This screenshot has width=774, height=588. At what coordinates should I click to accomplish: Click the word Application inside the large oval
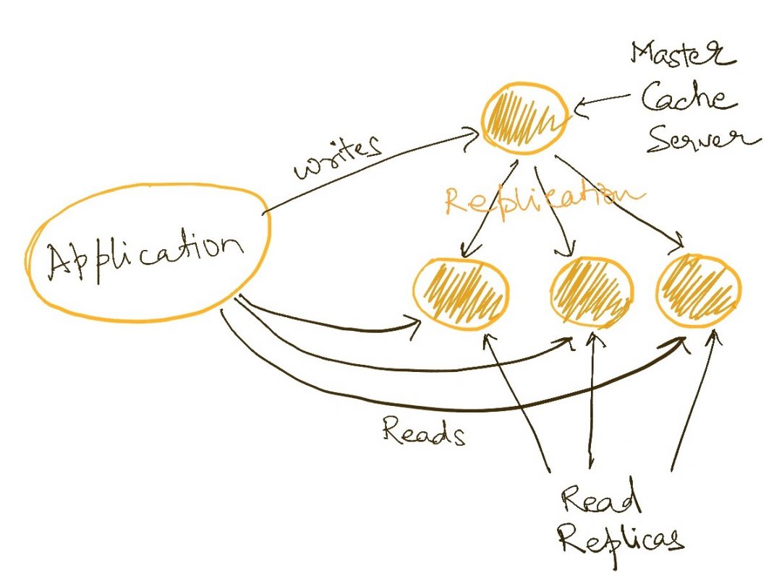pyautogui.click(x=145, y=256)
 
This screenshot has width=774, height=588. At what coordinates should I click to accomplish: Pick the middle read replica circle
pyautogui.click(x=592, y=292)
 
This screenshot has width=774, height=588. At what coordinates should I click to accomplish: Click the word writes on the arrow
pyautogui.click(x=336, y=157)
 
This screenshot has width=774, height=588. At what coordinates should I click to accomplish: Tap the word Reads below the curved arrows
pyautogui.click(x=422, y=431)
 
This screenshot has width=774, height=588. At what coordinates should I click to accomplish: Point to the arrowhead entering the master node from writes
pyautogui.click(x=474, y=132)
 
